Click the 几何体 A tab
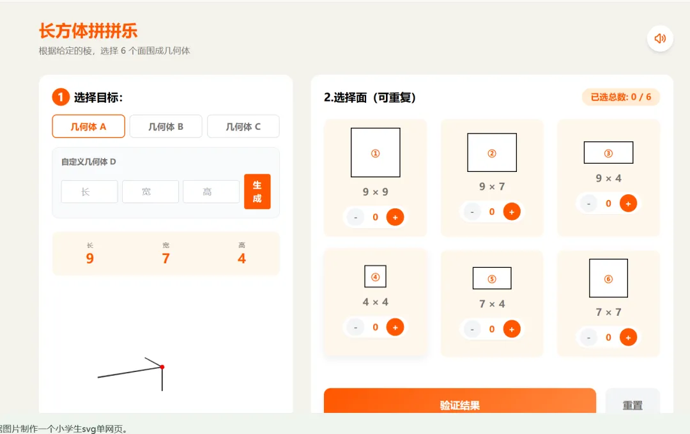(88, 127)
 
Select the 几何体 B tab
(166, 127)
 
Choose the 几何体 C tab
(243, 127)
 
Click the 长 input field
(89, 192)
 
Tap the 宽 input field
(151, 192)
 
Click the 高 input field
(211, 192)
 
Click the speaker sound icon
(660, 39)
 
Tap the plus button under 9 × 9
(395, 217)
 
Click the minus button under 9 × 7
(472, 212)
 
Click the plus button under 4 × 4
(395, 327)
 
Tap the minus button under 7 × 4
(472, 329)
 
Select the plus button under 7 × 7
(629, 337)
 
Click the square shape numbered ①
(376, 152)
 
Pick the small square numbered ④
(376, 276)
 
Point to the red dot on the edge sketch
(162, 367)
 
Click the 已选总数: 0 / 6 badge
(621, 97)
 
